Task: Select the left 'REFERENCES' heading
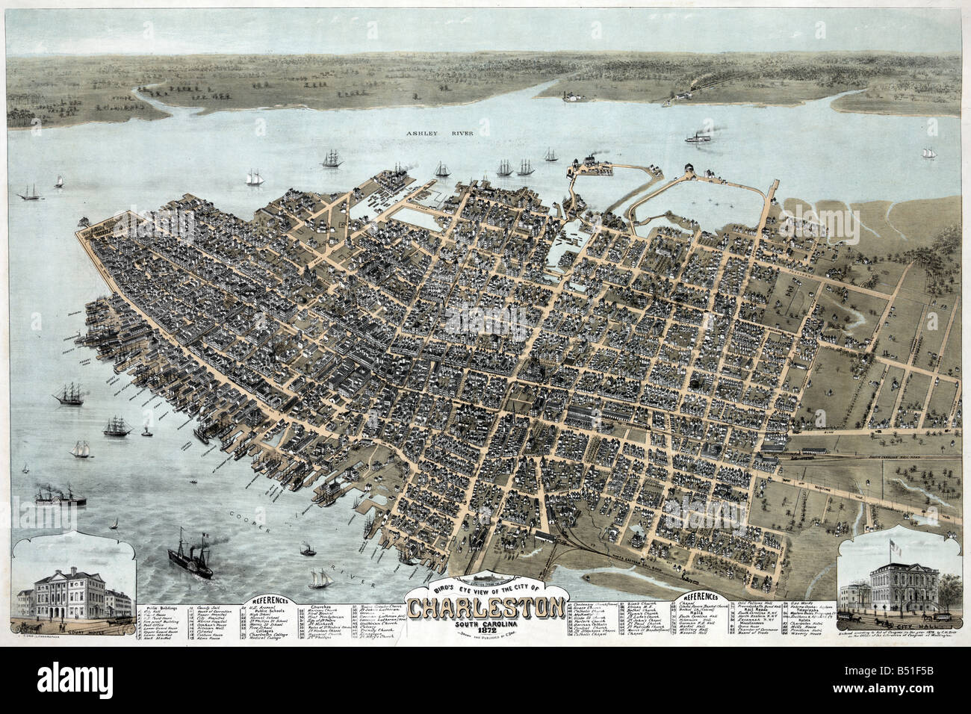(x=271, y=598)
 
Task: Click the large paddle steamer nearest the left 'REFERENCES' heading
(x=189, y=553)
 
